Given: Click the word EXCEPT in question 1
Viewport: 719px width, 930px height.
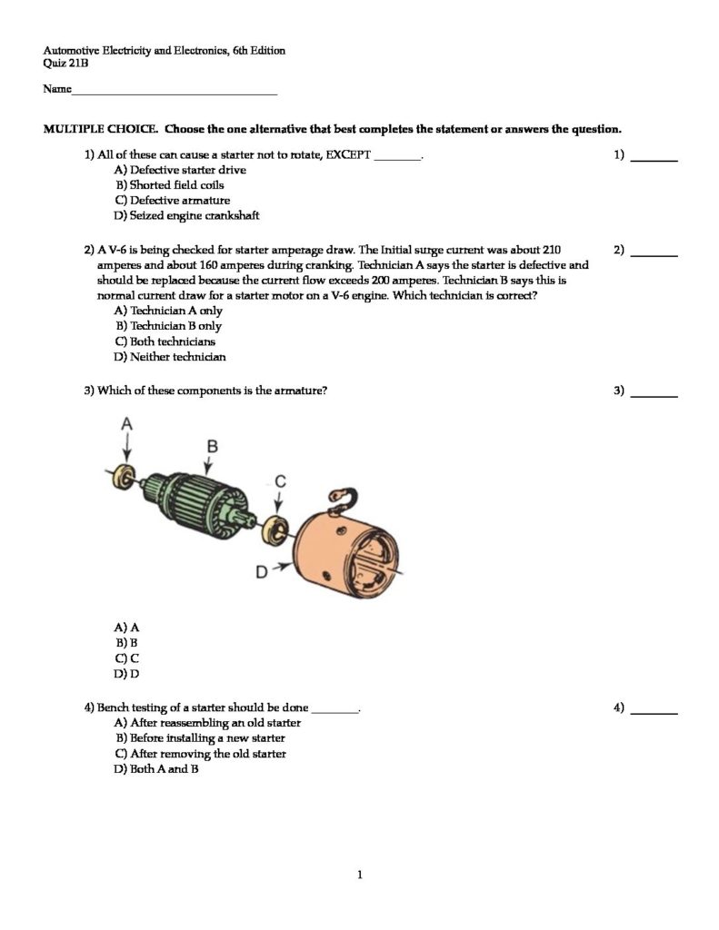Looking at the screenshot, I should point(349,154).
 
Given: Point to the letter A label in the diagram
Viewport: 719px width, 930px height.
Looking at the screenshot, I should point(127,423).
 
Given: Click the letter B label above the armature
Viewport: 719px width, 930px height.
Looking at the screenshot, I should point(211,445).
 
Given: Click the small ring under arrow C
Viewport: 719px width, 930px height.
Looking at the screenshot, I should point(276,526).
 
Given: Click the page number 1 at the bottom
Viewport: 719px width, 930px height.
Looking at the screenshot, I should point(360,876).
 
